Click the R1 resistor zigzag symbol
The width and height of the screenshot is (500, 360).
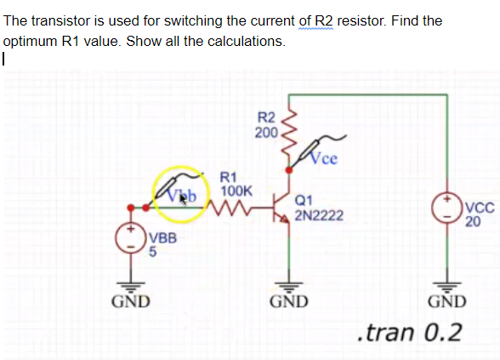[x=232, y=204]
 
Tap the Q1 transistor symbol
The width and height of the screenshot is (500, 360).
[x=280, y=205]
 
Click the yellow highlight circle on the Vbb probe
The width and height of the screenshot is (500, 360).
[x=180, y=192]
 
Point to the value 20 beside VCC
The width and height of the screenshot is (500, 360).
[x=473, y=222]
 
